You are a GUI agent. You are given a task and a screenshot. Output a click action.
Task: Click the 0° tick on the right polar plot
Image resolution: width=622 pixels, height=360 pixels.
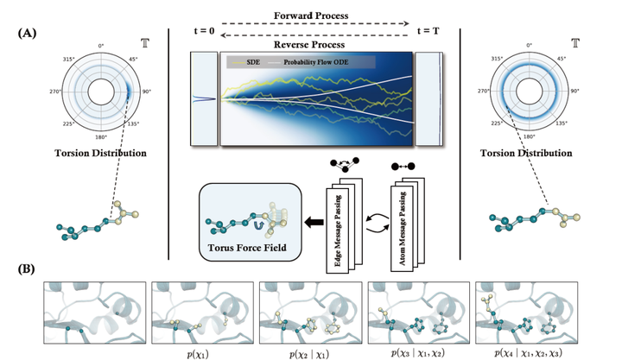525,45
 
